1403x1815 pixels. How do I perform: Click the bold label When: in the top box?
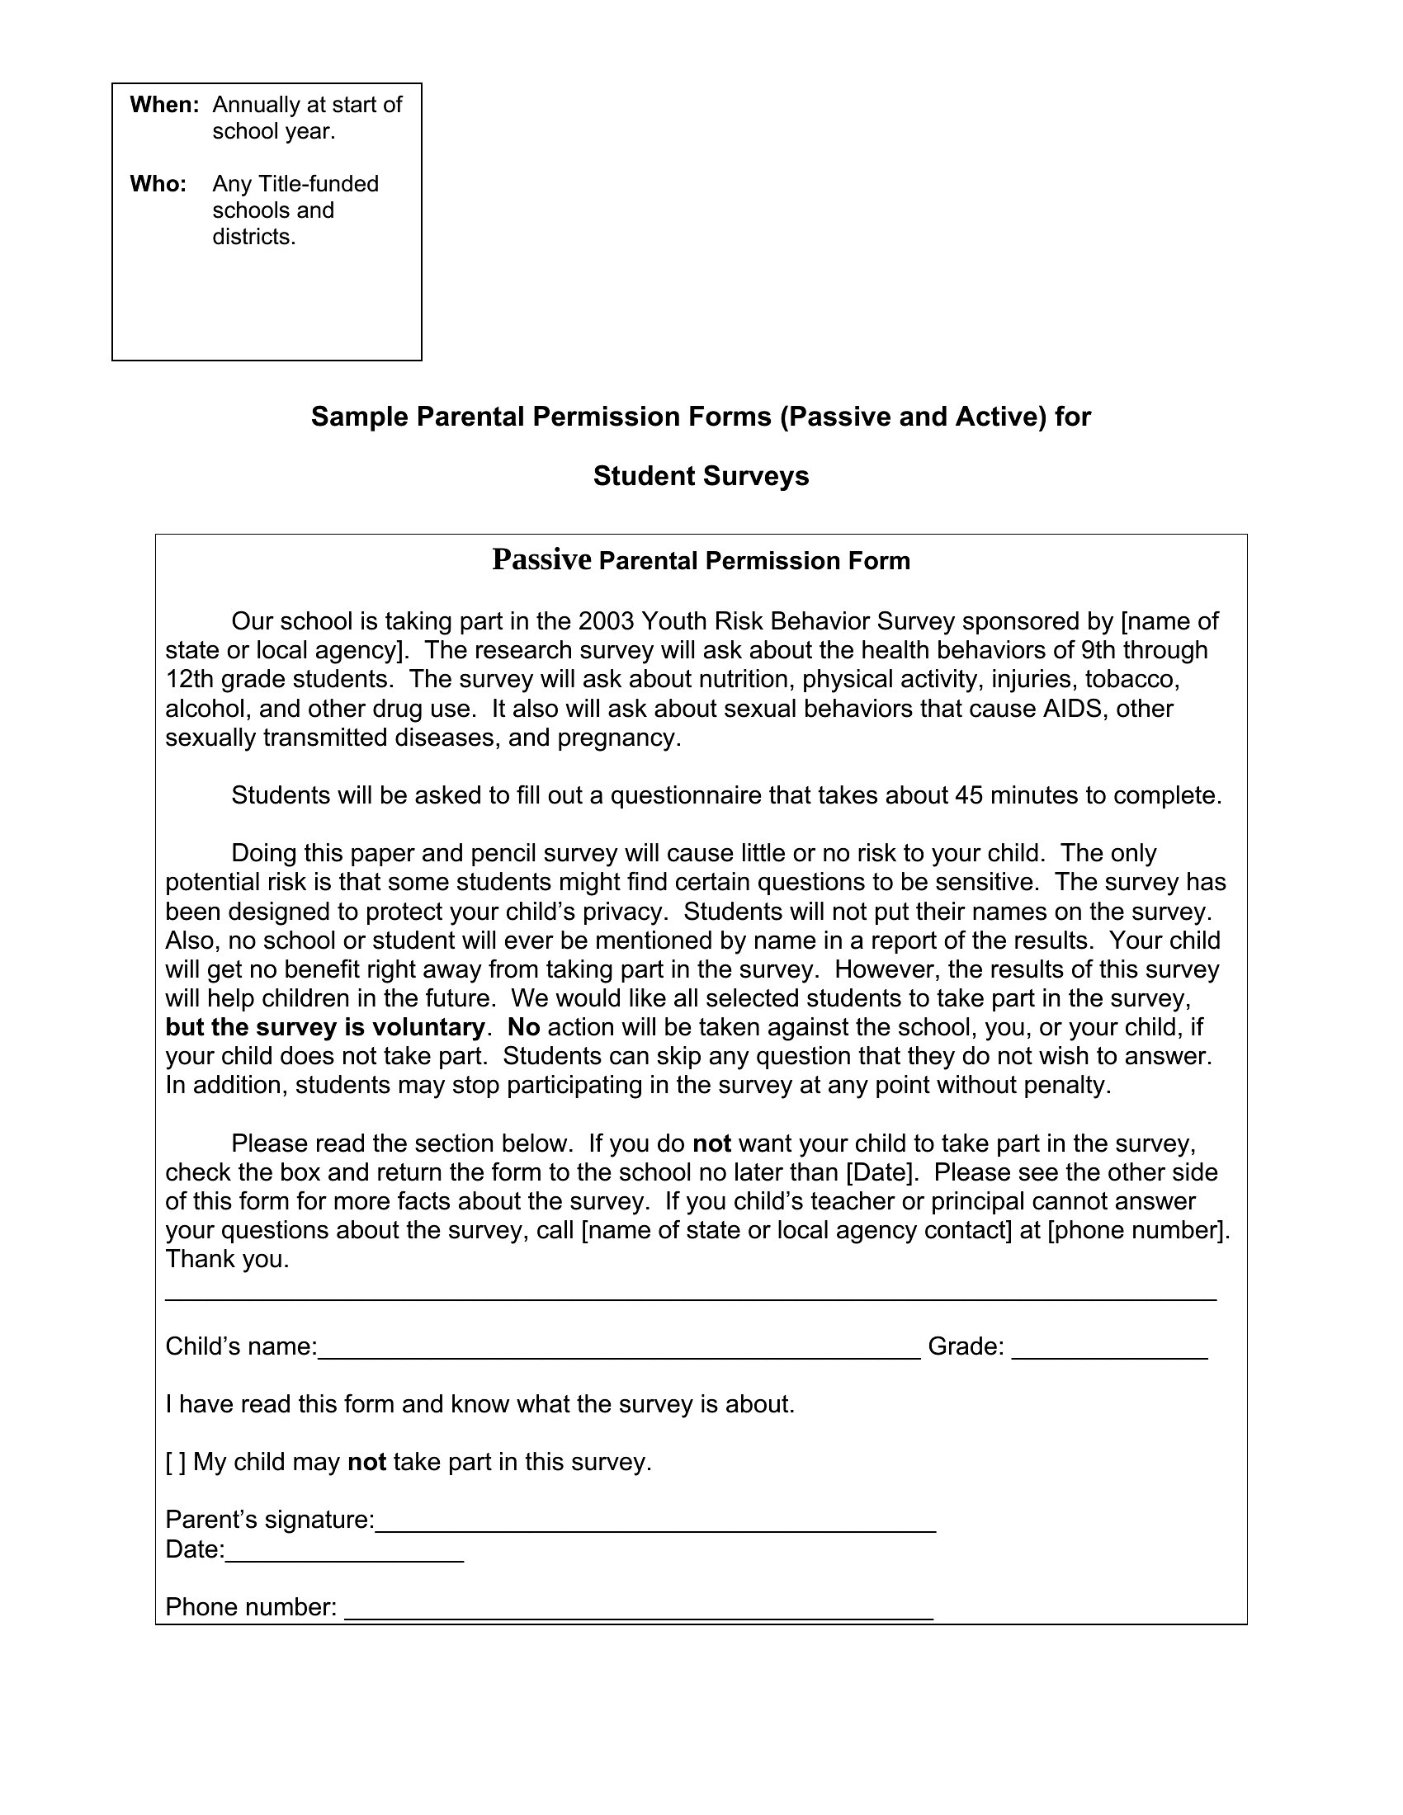coord(164,105)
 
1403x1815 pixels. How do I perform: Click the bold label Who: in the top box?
coord(158,184)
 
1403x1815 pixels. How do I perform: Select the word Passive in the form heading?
coord(541,559)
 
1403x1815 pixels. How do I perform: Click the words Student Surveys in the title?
coord(701,476)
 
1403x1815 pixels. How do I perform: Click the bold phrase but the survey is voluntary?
coord(324,1027)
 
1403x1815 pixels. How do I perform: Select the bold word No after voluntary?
coord(523,1027)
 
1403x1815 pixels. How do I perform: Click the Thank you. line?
coord(227,1259)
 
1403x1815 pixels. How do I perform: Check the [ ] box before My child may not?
coord(175,1462)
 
